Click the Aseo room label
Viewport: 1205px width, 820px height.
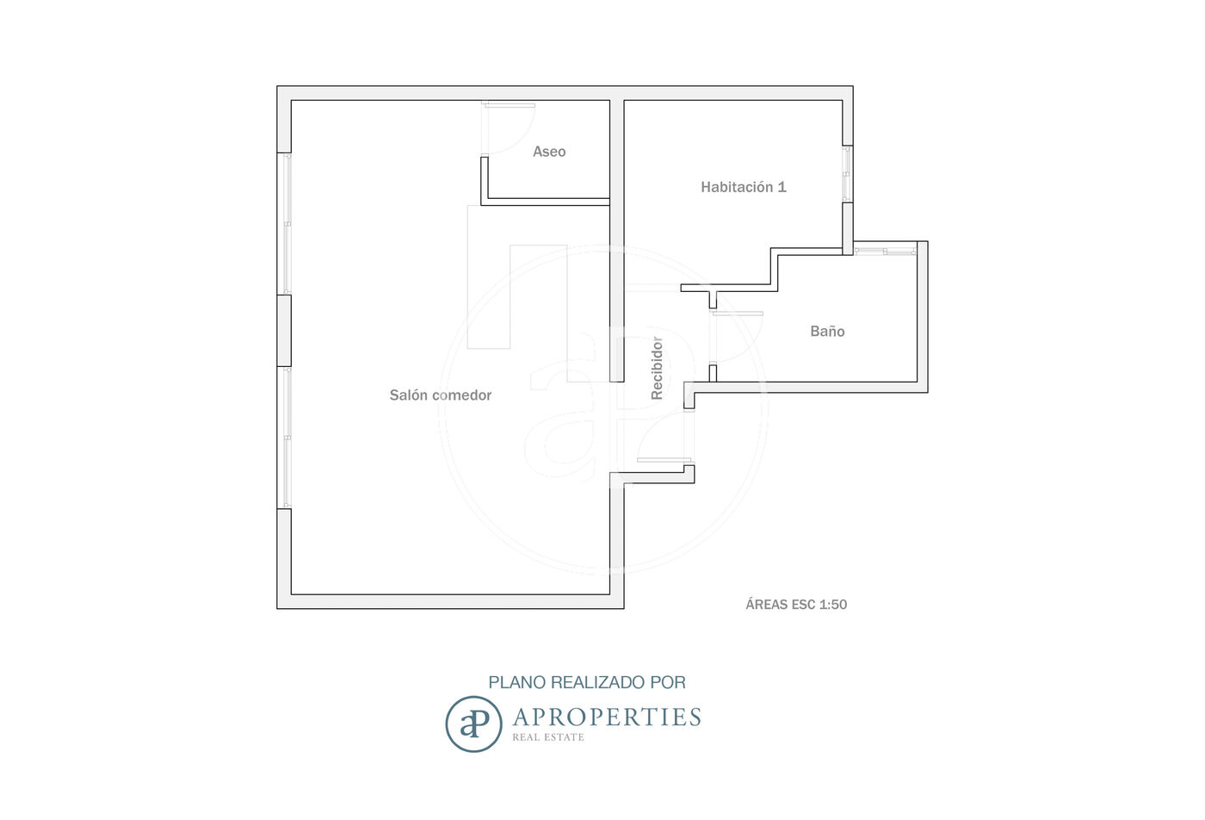pos(549,152)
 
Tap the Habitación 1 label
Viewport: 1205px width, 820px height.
pos(744,187)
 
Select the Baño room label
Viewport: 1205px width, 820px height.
pos(827,331)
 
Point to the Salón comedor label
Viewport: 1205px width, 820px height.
pos(441,395)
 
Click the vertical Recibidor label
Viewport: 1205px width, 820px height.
pos(657,369)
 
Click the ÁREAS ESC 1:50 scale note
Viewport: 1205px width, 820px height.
pos(796,605)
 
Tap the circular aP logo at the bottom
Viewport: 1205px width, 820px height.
pos(473,724)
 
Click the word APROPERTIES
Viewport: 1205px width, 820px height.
pos(607,717)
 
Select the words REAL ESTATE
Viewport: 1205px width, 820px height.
pos(548,737)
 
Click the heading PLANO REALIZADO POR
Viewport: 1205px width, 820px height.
pos(587,682)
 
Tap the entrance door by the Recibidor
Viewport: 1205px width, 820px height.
pos(664,460)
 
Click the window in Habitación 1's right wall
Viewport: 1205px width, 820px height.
pos(847,174)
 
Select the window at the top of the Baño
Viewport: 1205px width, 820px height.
pos(885,251)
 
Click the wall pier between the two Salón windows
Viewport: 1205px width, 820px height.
pos(284,331)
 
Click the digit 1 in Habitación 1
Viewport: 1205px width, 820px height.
pos(782,187)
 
